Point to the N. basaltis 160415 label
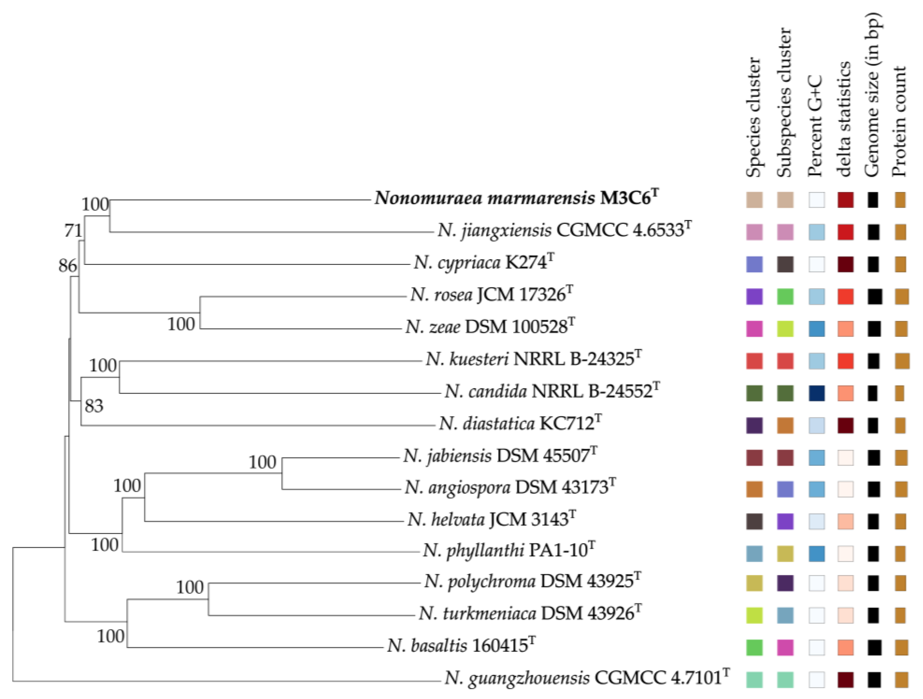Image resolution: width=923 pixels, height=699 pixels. point(461,645)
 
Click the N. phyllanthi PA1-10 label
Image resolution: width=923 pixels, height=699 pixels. point(509,551)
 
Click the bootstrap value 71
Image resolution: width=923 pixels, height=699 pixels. point(73,231)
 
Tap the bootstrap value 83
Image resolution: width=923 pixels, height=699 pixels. point(94,406)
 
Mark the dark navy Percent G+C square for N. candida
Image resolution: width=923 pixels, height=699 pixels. point(817,393)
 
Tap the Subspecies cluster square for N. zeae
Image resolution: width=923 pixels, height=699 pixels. point(785,329)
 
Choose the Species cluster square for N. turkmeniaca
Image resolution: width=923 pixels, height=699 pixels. point(754,615)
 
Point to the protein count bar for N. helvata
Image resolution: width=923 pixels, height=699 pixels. point(901,521)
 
